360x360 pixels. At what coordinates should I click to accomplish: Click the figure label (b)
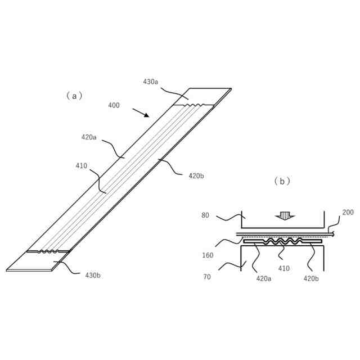click(282, 181)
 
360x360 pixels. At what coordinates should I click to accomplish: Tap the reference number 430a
click(150, 82)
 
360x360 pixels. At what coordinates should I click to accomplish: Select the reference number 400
click(114, 105)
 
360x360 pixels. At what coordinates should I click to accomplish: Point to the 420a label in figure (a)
click(89, 137)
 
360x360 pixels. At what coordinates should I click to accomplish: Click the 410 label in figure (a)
click(82, 166)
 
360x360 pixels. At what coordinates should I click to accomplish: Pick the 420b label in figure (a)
click(196, 176)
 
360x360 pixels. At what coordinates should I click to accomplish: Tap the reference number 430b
click(93, 275)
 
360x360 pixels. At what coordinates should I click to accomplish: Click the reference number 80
click(205, 215)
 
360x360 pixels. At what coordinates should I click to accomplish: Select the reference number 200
click(348, 213)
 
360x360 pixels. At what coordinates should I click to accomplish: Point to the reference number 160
click(208, 255)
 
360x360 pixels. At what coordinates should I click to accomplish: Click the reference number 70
click(206, 277)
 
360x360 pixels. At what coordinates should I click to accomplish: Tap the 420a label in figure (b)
click(264, 278)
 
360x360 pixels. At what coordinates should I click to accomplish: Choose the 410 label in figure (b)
click(284, 268)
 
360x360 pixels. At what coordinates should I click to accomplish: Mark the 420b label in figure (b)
click(312, 278)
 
